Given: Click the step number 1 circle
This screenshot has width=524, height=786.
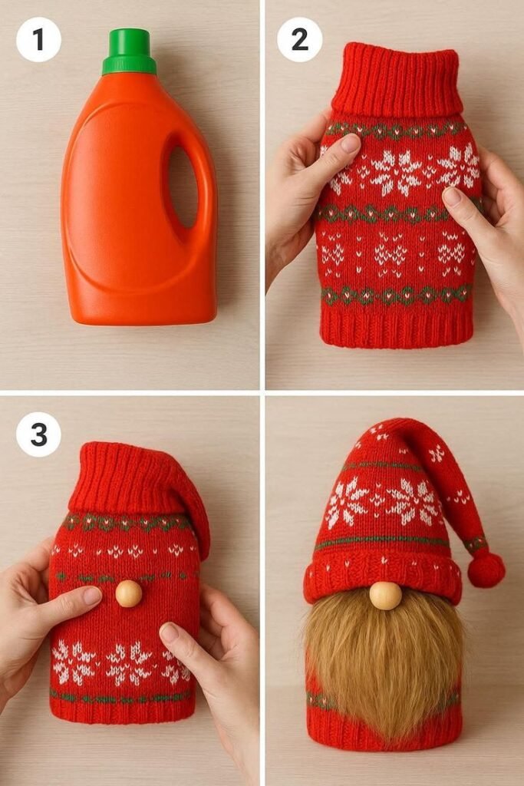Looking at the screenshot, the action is [x=38, y=39].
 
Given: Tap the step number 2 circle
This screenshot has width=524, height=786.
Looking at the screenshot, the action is [x=299, y=39].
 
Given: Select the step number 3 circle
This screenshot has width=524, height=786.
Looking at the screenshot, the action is [x=38, y=434].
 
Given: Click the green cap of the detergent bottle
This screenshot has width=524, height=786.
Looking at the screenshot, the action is [x=128, y=51].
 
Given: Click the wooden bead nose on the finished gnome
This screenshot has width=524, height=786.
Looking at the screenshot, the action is [x=386, y=596].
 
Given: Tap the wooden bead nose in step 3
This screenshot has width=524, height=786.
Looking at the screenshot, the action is [x=129, y=593].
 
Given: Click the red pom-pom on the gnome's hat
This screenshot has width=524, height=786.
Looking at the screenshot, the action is [x=486, y=570].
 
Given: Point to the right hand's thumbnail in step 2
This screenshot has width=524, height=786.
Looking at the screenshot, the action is [x=453, y=196].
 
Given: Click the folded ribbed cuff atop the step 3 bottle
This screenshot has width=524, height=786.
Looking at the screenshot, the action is [x=131, y=479].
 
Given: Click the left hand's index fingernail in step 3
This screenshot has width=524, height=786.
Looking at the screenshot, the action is [x=92, y=596].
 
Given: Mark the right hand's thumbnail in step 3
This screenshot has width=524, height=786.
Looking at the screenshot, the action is [x=169, y=632].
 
